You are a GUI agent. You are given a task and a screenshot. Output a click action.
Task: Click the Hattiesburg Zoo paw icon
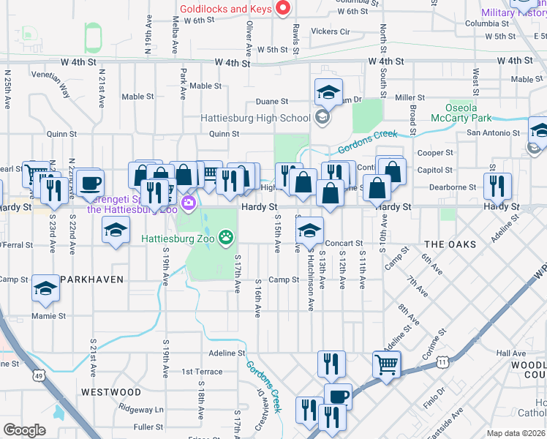coord(227,236)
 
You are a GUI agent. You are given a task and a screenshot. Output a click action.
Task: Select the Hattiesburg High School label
coord(256,118)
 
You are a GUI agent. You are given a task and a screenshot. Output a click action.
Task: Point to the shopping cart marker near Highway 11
coord(386,364)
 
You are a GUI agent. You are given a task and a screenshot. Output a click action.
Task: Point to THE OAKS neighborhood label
coord(450,244)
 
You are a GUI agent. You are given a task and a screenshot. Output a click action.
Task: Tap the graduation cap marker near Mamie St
coord(46,289)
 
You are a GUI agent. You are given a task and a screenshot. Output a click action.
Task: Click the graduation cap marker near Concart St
coord(309,230)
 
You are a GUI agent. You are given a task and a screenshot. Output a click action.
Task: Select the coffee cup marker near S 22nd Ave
coord(91,183)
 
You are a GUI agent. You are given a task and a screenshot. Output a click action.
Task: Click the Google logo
coord(24,430)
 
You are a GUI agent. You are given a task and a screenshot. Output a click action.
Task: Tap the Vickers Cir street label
coord(331,32)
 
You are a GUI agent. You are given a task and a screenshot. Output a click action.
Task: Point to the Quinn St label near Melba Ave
coord(224,134)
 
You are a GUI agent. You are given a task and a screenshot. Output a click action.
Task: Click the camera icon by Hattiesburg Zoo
coord(189,202)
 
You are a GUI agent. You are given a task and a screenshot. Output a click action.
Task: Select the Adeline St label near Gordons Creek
coord(226,353)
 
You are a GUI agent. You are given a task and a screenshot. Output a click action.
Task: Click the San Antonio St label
coord(494,133)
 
